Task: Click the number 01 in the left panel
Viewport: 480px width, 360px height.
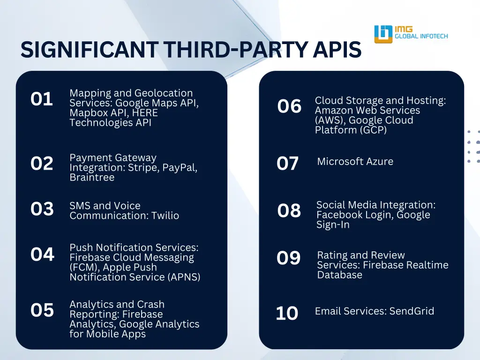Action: coord(42,99)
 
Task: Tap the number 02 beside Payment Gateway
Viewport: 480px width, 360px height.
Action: coord(42,164)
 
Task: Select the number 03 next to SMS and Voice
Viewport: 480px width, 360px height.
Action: coord(42,209)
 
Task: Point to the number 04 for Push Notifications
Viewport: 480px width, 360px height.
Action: coord(42,255)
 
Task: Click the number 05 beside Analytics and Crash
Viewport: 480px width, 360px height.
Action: coord(42,310)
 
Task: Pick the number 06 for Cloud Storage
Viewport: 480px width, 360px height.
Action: coord(289,107)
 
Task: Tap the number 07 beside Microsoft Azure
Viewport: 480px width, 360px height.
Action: coord(287,164)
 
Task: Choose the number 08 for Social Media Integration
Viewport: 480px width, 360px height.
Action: coord(289,211)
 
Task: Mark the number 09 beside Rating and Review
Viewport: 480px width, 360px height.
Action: coord(288,258)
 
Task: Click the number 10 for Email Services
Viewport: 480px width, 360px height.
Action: coord(287,313)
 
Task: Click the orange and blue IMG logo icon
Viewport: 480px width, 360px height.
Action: coord(383,34)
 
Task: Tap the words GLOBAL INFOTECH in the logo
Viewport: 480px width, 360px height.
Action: coord(421,36)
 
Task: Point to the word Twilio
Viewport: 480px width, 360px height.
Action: coord(165,216)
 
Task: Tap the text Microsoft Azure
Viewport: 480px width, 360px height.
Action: coord(355,162)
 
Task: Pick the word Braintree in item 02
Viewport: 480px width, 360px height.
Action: coord(92,178)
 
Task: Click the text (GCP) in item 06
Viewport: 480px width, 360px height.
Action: coord(373,130)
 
